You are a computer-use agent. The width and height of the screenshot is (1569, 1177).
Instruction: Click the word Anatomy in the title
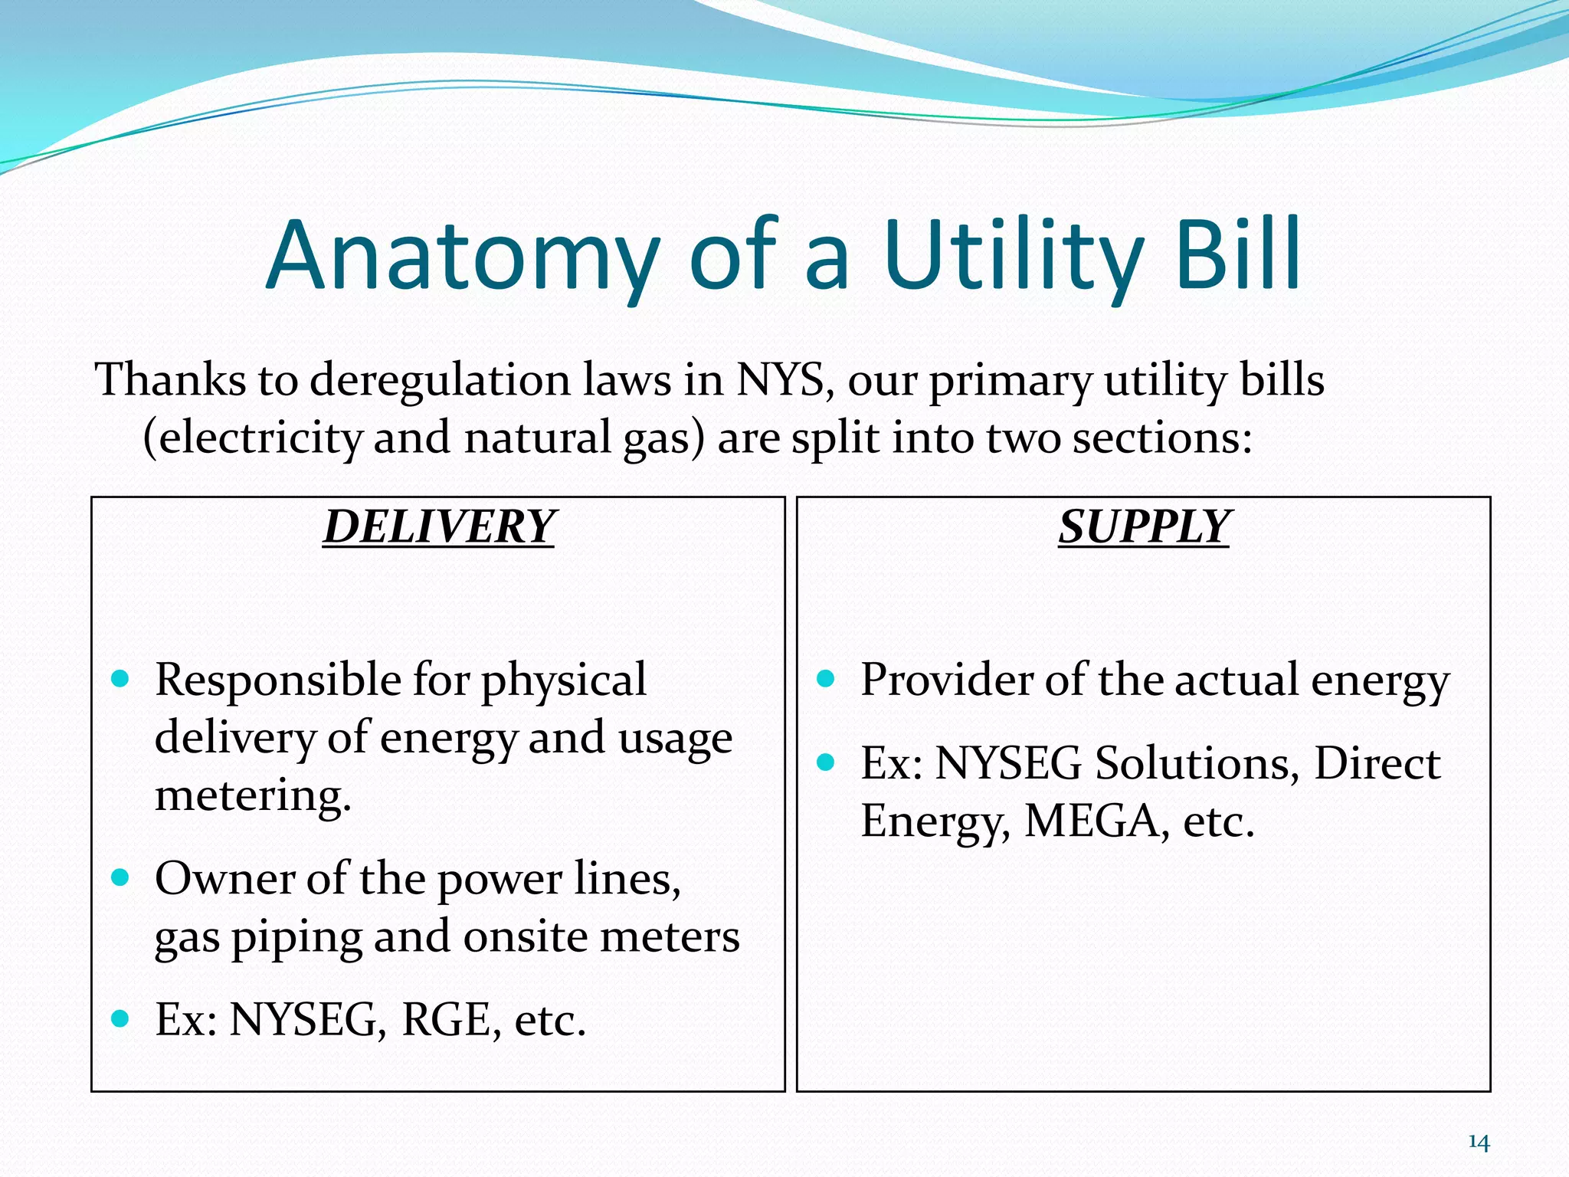tap(463, 257)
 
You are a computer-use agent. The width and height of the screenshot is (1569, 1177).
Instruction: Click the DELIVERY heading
tap(438, 527)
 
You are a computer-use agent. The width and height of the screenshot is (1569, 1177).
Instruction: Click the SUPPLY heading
tap(1144, 527)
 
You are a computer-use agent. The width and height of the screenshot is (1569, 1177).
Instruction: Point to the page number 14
tap(1479, 1143)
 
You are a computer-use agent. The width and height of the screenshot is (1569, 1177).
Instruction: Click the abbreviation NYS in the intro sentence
tap(780, 379)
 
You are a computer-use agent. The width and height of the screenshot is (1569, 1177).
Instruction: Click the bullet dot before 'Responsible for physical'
tap(120, 678)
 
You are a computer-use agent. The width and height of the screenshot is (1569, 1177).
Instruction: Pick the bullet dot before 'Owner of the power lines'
tap(120, 877)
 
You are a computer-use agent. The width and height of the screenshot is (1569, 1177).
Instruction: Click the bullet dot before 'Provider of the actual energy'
tap(825, 678)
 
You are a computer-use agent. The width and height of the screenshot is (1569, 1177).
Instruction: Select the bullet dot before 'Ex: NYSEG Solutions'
tap(825, 762)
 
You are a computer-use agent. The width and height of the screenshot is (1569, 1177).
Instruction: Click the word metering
tap(253, 795)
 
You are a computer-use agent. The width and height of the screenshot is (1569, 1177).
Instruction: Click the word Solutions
tap(1192, 763)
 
